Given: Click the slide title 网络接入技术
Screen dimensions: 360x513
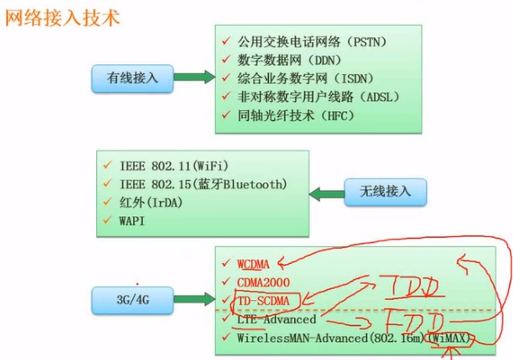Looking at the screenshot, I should (x=62, y=18).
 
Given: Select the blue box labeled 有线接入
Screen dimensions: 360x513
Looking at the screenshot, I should (x=132, y=78).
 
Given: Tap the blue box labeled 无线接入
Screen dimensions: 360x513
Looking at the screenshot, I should (x=385, y=192).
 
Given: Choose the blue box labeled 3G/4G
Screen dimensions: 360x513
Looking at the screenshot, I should (x=132, y=300).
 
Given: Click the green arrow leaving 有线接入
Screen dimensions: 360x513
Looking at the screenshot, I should (x=194, y=77).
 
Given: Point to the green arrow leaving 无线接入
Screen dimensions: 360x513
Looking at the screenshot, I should (x=327, y=194).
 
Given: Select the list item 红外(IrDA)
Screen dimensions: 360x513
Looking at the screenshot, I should (x=151, y=203).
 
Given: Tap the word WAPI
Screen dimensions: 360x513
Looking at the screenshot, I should (x=132, y=221).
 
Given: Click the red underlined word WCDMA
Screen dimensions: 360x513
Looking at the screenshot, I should (x=253, y=264).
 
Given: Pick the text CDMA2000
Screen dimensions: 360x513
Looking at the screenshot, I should (x=263, y=282).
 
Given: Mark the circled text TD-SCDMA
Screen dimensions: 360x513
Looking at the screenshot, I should (x=263, y=300).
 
